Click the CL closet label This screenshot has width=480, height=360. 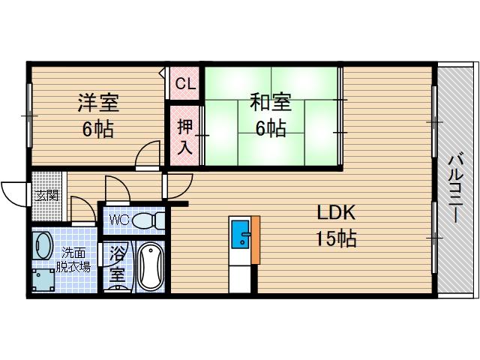pos(184,85)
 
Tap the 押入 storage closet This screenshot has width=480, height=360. pos(184,136)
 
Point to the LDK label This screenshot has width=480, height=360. pos(334,213)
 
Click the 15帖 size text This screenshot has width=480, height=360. pos(335,239)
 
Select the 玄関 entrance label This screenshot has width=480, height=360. pos(46,195)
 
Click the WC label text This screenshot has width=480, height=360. pos(120,220)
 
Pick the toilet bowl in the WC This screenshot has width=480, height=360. pos(152,220)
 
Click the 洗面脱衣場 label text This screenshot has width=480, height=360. pos(76,259)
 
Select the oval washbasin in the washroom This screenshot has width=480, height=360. pos(43,247)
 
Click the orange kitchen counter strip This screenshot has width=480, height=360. pos(256,240)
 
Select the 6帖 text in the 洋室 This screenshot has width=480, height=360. pos(98,129)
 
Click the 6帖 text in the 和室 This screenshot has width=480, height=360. pos(270,128)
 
